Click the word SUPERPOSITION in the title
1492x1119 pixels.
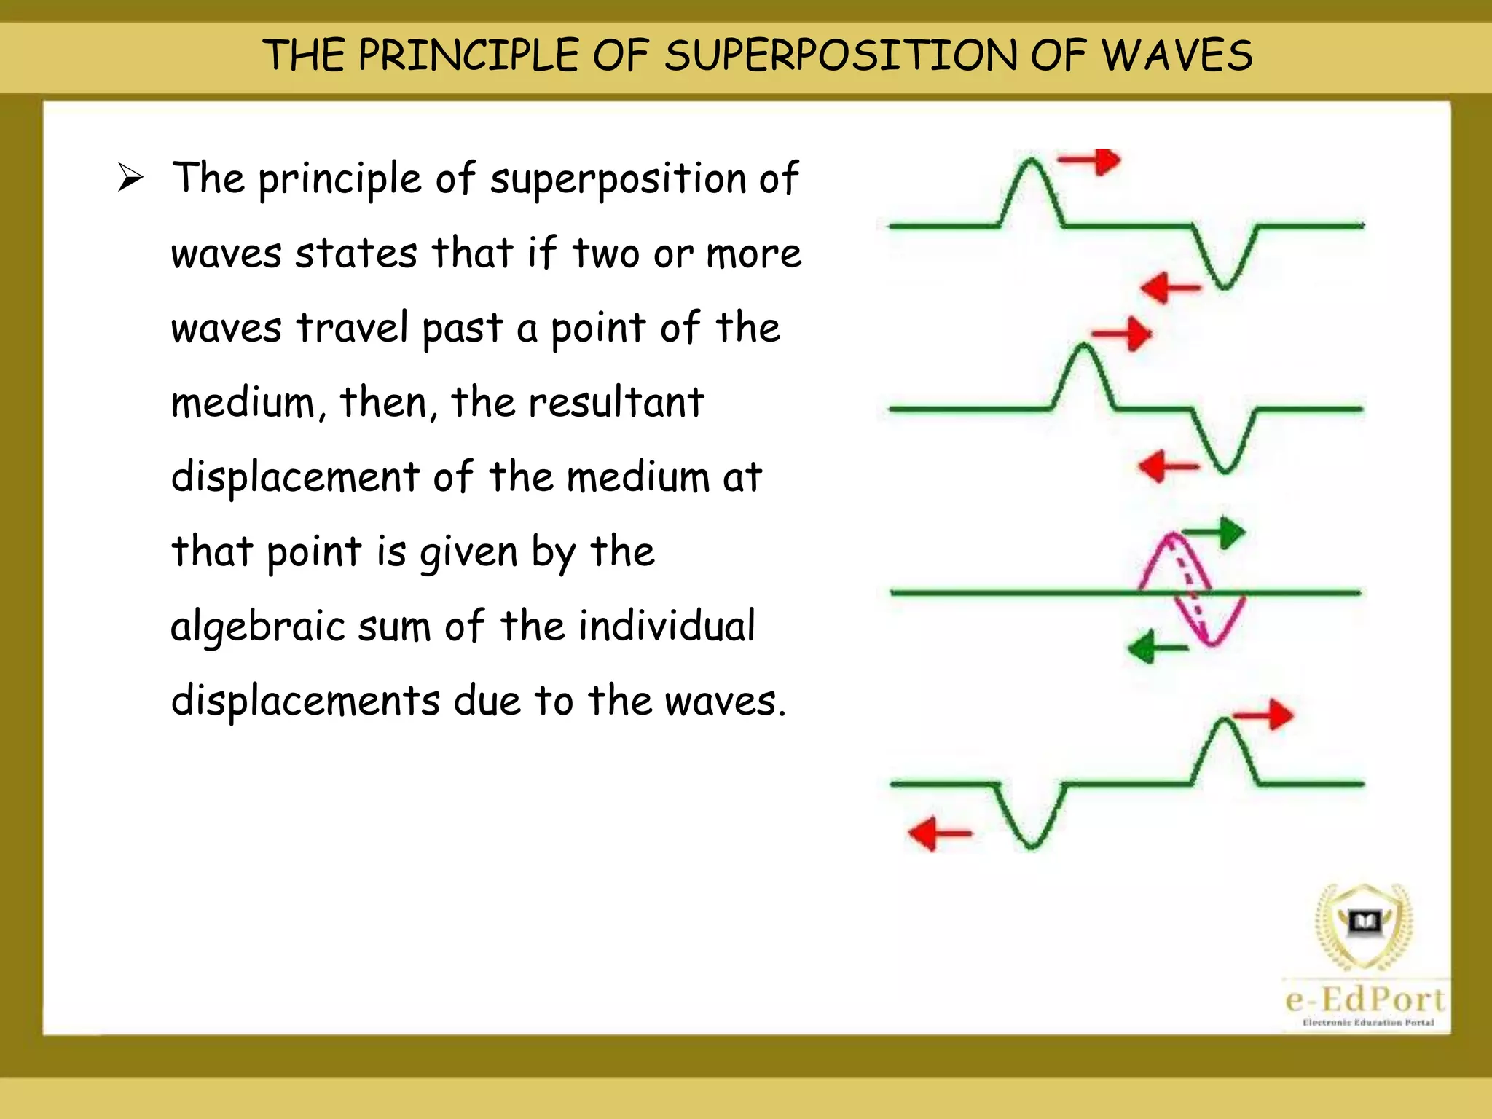(841, 56)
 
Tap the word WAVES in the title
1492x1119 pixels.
(1176, 56)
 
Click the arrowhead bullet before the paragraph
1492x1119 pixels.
(130, 178)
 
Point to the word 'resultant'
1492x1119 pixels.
(616, 402)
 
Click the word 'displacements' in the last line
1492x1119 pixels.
(305, 701)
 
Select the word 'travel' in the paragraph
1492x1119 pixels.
(352, 328)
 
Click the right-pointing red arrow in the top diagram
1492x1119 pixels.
(1091, 161)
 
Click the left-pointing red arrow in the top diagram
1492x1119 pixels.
(1169, 288)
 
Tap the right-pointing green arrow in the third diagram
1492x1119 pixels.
(1215, 533)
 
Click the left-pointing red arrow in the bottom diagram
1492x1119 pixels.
(939, 833)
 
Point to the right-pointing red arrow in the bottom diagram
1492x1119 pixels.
(1264, 715)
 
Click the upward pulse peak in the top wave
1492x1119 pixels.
(1032, 165)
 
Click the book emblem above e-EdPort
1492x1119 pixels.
(1364, 923)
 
